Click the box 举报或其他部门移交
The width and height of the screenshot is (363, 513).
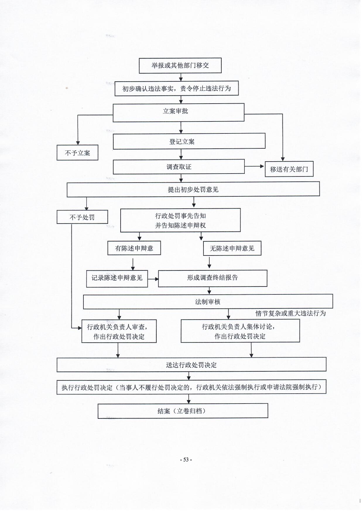click(x=180, y=65)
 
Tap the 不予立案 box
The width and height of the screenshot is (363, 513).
click(x=77, y=153)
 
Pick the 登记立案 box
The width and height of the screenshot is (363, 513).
click(x=189, y=142)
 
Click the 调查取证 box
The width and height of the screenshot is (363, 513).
click(x=179, y=167)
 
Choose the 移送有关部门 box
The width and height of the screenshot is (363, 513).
click(x=289, y=169)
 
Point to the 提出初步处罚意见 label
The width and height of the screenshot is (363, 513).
click(x=193, y=190)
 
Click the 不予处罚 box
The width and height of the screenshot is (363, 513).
click(x=82, y=217)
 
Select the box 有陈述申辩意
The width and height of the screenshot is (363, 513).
click(x=134, y=248)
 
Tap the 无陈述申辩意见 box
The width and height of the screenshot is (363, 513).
click(x=232, y=248)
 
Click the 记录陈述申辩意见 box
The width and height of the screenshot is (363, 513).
click(x=117, y=278)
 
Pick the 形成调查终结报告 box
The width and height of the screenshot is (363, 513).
click(x=213, y=278)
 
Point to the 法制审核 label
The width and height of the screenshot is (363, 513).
click(x=208, y=302)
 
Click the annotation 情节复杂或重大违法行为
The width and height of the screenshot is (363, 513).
click(x=290, y=313)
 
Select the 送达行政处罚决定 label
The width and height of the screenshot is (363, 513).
click(x=191, y=365)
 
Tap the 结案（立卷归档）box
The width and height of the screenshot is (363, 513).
click(x=183, y=411)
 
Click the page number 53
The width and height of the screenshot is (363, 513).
click(x=186, y=459)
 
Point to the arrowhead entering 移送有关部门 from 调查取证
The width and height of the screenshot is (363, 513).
click(x=262, y=167)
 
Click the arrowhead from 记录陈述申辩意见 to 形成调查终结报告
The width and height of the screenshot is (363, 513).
click(x=156, y=279)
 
